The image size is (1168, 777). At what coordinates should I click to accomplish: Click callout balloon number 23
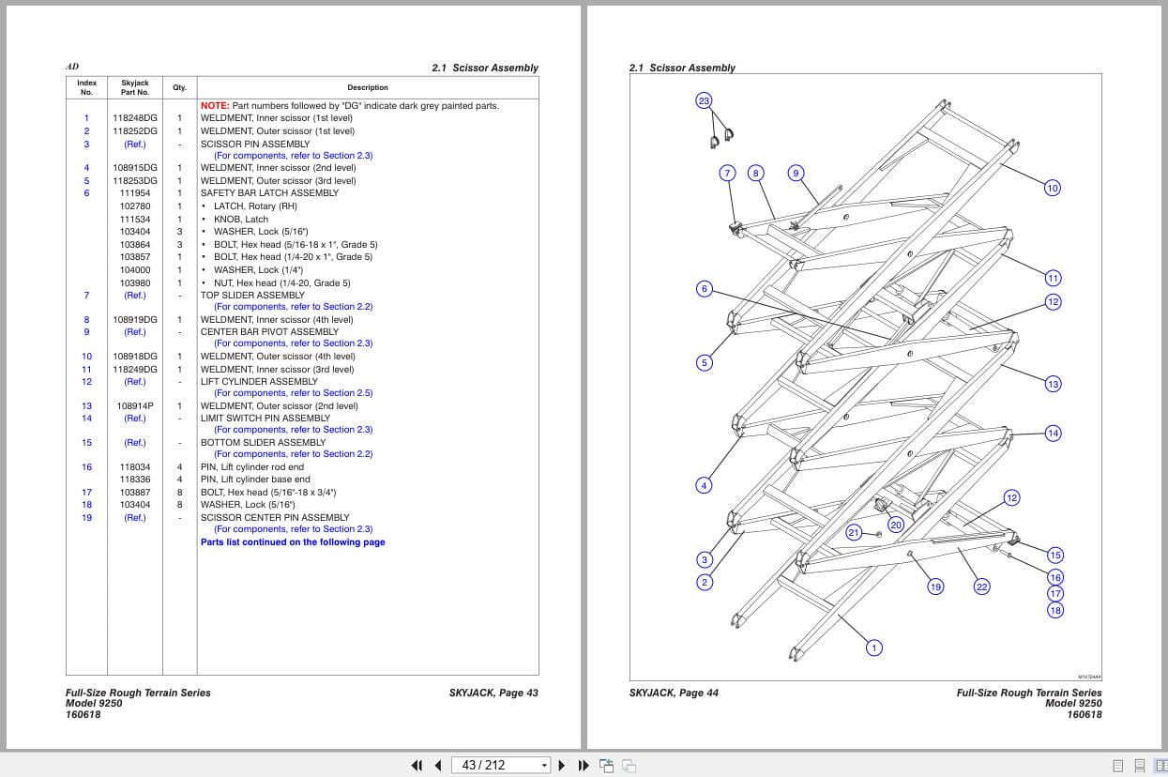(704, 100)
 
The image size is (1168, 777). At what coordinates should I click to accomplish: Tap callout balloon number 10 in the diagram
(1052, 188)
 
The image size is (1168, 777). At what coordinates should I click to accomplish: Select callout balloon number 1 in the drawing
(874, 647)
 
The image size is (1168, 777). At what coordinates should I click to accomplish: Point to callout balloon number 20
(896, 526)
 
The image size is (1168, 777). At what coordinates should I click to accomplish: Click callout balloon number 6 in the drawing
(705, 289)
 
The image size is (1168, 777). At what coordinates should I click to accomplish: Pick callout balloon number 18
(1055, 610)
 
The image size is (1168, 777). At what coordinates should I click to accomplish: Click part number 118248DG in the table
(135, 118)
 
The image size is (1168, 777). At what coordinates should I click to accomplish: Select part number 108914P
(135, 406)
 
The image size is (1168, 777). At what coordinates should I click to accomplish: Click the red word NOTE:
(215, 106)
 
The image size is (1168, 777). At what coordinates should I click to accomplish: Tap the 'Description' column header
(368, 87)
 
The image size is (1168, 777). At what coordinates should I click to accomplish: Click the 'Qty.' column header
(179, 87)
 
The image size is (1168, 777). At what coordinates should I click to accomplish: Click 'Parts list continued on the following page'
(293, 542)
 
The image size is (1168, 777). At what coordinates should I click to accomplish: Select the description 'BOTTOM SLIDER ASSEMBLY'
(264, 442)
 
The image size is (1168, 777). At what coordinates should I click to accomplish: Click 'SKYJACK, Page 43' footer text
(493, 693)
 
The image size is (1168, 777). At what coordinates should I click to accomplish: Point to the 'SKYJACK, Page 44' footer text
(674, 693)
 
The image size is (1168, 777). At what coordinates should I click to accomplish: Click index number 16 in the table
(86, 467)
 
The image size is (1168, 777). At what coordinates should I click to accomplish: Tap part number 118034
(135, 467)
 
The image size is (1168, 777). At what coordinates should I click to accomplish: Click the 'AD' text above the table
(72, 68)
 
